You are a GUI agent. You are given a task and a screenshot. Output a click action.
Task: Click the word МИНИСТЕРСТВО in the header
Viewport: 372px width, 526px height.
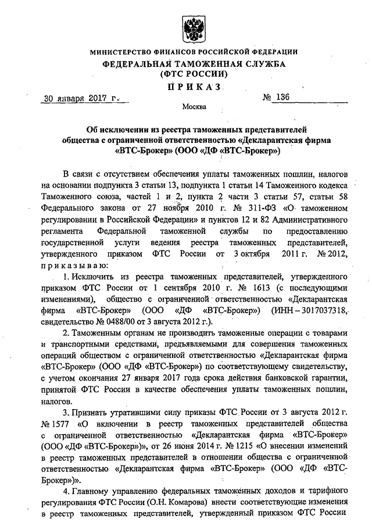click(123, 53)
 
